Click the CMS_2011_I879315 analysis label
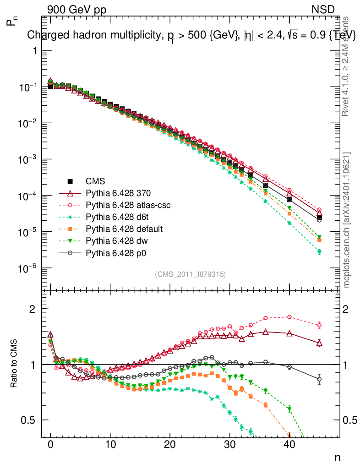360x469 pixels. pos(190,274)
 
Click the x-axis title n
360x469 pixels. pos(337,457)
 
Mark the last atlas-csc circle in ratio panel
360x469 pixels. pos(319,325)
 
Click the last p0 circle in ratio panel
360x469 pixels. pos(319,379)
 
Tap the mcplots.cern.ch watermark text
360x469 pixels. pos(347,220)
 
